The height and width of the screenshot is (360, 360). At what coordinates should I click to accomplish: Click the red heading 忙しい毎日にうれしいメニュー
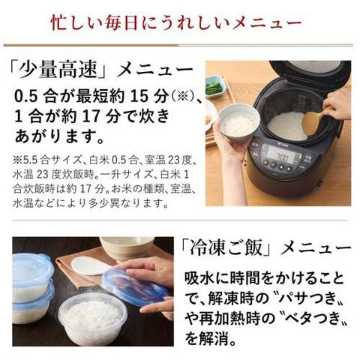coord(176,23)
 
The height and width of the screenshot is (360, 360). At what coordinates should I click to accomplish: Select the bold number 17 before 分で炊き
coord(91,116)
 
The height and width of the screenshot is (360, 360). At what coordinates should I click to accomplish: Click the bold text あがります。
coord(59,136)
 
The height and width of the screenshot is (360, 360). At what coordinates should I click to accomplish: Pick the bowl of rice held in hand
coord(239,122)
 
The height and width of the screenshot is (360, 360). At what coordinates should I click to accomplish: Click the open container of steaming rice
coord(93,318)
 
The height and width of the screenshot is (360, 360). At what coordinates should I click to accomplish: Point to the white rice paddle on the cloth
coord(90,265)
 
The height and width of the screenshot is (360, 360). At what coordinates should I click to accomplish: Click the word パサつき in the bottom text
coord(310,298)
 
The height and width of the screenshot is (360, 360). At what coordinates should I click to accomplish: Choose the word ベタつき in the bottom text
coord(310,318)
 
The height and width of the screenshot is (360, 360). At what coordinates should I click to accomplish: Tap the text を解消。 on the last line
coord(211,338)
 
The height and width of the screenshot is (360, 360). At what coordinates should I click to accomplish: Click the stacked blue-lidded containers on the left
coord(32,287)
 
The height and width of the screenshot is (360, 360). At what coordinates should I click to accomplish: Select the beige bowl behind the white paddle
coord(127,247)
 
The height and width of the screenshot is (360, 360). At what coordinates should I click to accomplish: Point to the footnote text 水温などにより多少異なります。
coord(91,203)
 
